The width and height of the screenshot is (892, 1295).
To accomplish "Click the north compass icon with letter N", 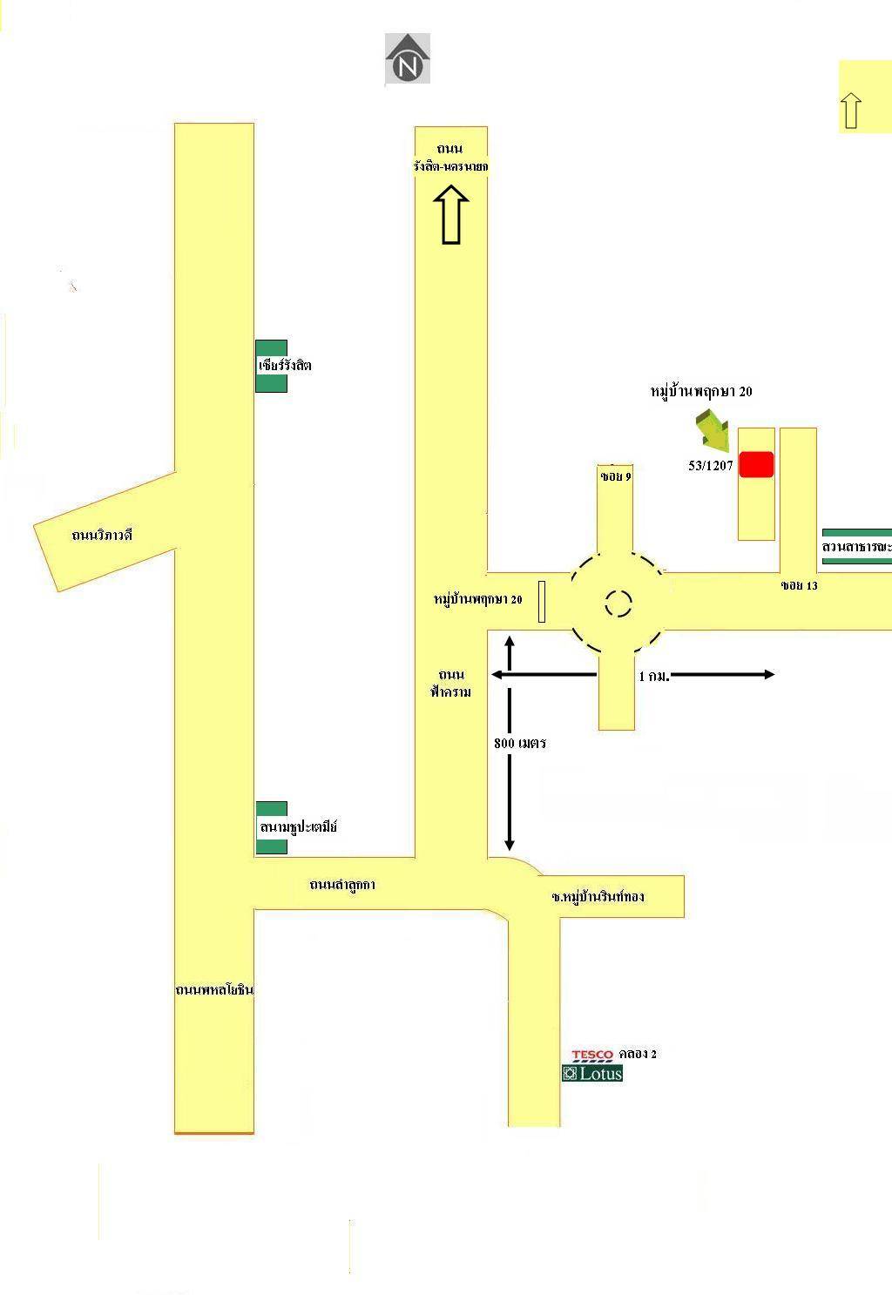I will [x=408, y=59].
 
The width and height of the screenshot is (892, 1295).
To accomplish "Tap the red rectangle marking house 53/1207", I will [x=756, y=464].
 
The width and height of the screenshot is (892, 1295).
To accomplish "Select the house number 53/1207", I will [x=711, y=466].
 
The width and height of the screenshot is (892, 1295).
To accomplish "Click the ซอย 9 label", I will [x=616, y=477].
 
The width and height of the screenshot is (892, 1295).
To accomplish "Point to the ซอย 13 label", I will [x=799, y=585].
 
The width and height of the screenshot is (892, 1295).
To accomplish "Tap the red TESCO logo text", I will [x=592, y=1055].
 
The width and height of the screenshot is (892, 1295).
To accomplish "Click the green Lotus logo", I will [x=592, y=1073].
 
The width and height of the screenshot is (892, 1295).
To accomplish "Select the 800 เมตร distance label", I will [x=520, y=743].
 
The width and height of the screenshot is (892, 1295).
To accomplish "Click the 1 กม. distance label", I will [x=654, y=676].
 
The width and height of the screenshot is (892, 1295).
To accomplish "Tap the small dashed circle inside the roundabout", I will [x=618, y=603].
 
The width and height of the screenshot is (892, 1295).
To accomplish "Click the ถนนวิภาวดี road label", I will [x=102, y=535].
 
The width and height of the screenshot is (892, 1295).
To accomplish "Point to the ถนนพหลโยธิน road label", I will [x=214, y=990].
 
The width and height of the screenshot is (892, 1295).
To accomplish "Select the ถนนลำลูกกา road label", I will [x=342, y=884].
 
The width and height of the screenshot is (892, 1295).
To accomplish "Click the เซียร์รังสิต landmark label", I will [x=284, y=365].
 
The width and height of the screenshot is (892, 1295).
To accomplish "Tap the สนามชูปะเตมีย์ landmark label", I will [x=298, y=826].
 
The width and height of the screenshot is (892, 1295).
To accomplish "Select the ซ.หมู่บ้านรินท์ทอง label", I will [x=598, y=896].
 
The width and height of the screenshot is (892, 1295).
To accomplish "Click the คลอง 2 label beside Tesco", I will [x=638, y=1054].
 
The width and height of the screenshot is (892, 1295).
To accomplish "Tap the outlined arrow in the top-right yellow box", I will [x=851, y=111].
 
